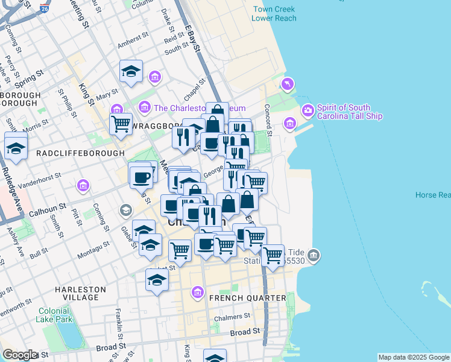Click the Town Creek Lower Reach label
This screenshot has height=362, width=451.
click(274, 14)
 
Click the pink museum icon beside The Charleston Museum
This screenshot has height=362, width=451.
click(144, 108)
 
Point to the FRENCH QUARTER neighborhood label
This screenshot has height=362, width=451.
click(247, 298)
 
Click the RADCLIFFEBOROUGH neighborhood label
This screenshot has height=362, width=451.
click(72, 153)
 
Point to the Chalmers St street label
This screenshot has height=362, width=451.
click(232, 317)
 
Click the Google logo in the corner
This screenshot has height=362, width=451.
click(20, 355)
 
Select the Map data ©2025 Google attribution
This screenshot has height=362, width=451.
click(413, 357)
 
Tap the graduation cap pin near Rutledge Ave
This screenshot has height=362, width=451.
click(16, 147)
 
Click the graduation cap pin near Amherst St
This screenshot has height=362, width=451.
click(131, 71)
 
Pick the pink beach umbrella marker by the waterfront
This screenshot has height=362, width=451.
click(288, 83)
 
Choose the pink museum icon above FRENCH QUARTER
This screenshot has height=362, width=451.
click(197, 293)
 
